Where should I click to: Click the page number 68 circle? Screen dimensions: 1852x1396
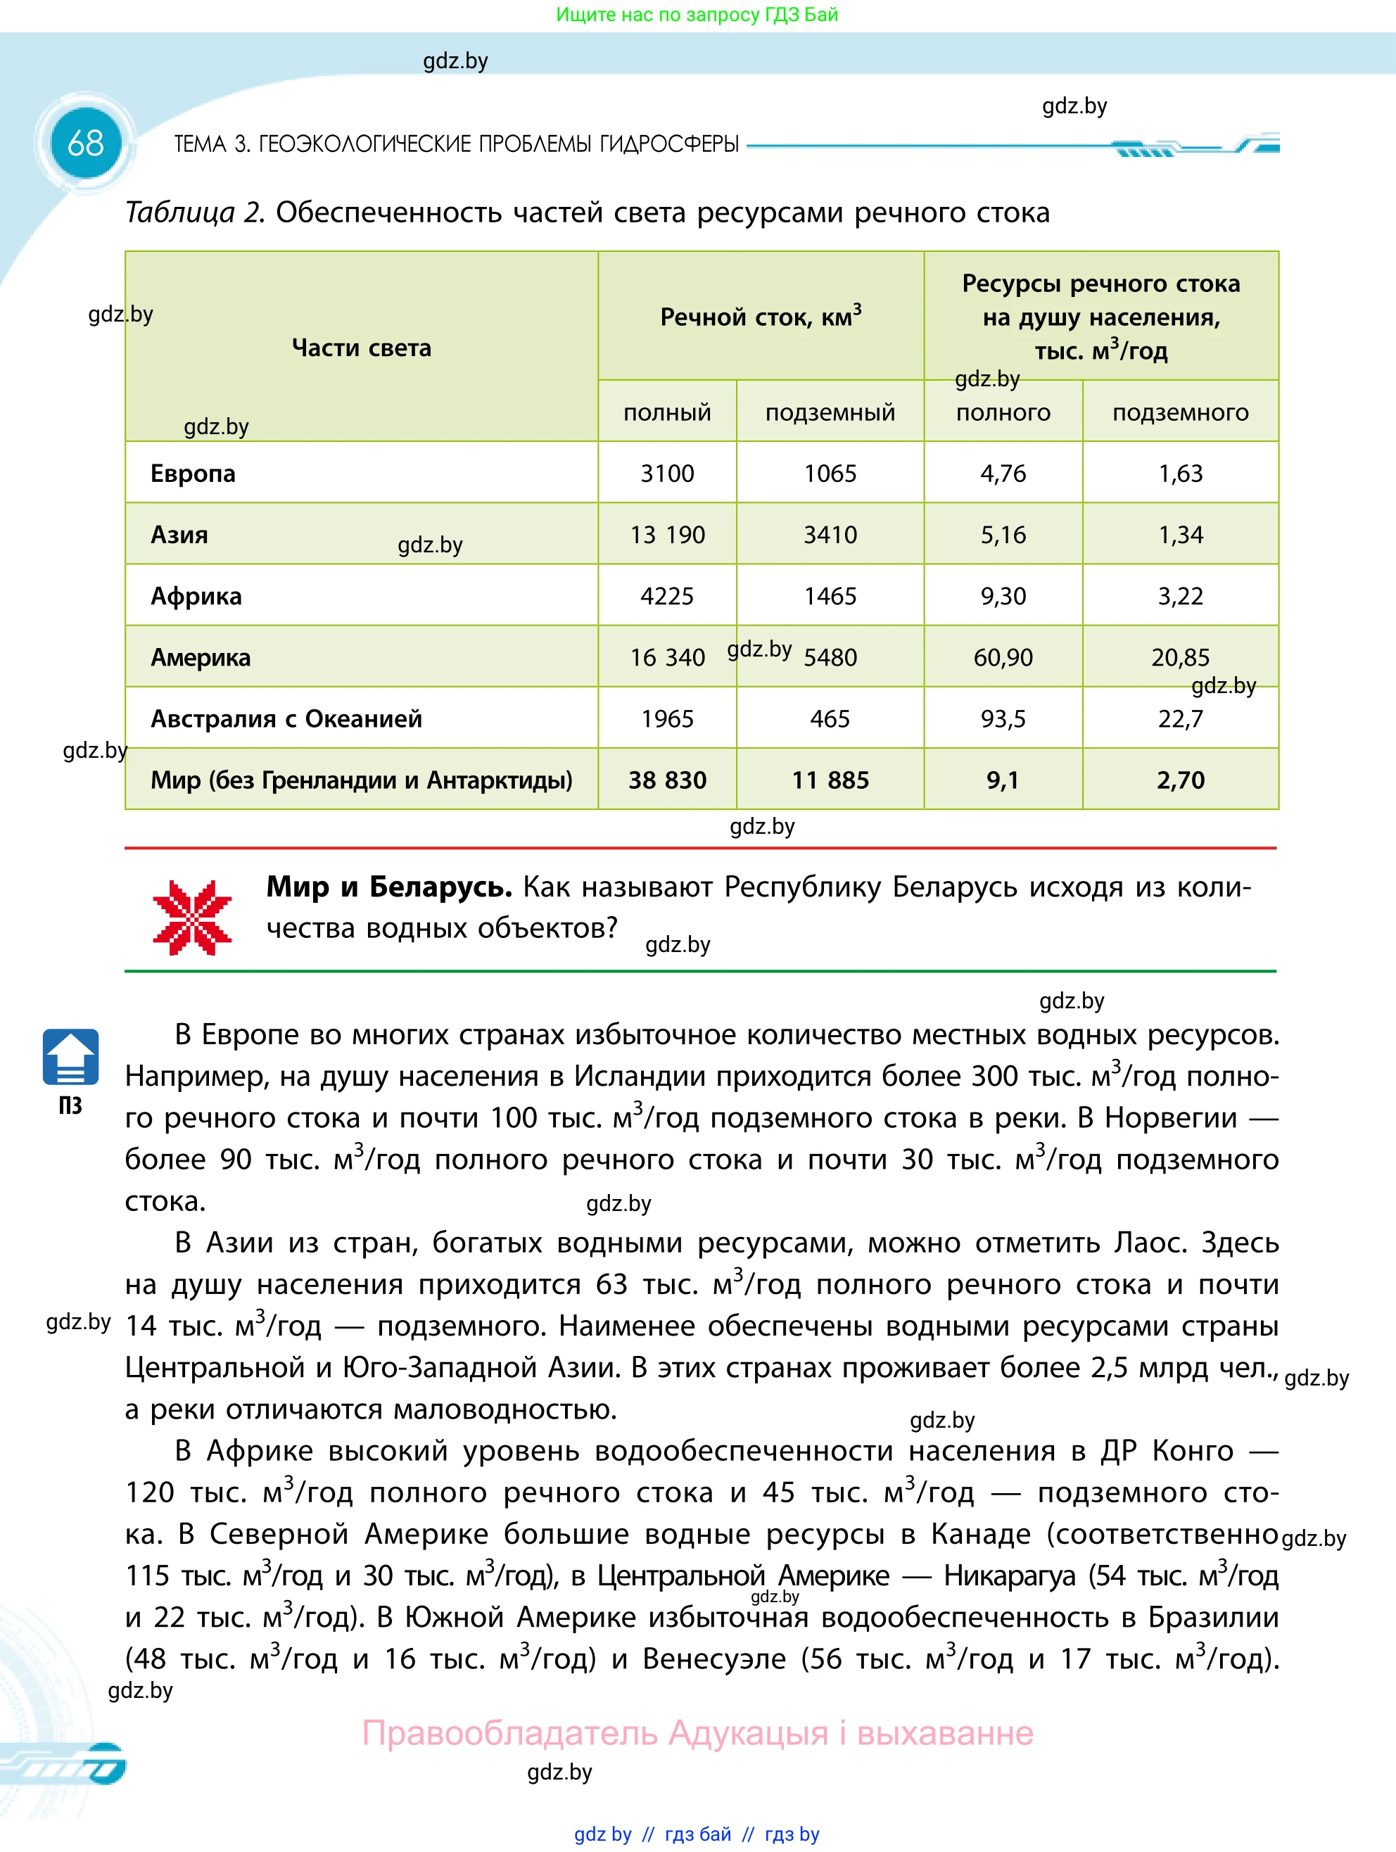point(85,143)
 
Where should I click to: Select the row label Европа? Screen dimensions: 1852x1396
point(193,474)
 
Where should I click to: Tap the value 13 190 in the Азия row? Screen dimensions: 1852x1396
point(668,535)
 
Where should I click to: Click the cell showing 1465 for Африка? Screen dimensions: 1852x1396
point(830,596)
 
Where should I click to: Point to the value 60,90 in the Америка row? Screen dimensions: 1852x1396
point(1003,657)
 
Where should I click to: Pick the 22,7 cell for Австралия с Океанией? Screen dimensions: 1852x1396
point(1180,718)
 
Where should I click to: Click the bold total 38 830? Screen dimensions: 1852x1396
point(668,780)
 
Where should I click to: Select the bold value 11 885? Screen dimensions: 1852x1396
point(830,780)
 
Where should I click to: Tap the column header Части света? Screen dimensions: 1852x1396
point(361,348)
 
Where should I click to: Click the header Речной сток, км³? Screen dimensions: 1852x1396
point(761,317)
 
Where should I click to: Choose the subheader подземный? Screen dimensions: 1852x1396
point(830,412)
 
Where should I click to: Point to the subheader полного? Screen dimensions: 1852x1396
point(1003,412)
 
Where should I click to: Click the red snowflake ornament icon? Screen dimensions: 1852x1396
point(192,918)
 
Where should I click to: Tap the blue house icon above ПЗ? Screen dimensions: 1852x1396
point(70,1057)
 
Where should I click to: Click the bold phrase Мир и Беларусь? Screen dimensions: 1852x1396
point(388,887)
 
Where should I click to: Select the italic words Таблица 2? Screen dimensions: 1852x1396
point(194,213)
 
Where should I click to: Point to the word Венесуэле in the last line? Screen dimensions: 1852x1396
point(714,1658)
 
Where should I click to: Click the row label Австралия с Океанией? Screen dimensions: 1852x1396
point(286,718)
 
